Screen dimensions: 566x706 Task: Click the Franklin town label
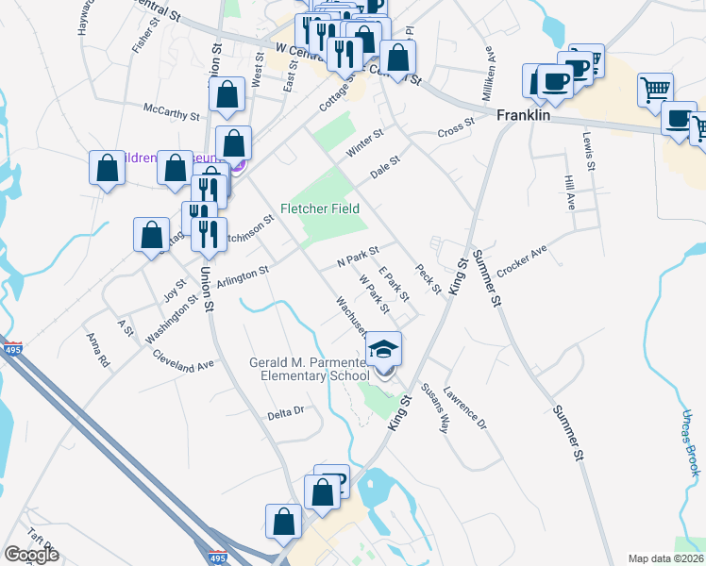pyautogui.click(x=523, y=114)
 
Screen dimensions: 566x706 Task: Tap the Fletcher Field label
pyautogui.click(x=320, y=208)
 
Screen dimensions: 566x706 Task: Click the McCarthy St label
pyautogui.click(x=171, y=114)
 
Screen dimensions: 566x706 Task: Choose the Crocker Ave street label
pyautogui.click(x=522, y=261)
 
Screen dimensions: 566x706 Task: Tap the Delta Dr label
pyautogui.click(x=285, y=411)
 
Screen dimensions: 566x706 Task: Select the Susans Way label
pyautogui.click(x=432, y=407)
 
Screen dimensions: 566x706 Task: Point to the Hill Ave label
pyautogui.click(x=569, y=192)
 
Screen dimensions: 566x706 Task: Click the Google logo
pyautogui.click(x=31, y=555)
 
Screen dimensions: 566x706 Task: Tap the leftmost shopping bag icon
pyautogui.click(x=108, y=170)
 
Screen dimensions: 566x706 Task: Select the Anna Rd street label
pyautogui.click(x=98, y=349)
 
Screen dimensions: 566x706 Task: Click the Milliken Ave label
pyautogui.click(x=489, y=64)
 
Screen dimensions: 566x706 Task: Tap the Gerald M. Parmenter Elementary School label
pyautogui.click(x=309, y=369)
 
